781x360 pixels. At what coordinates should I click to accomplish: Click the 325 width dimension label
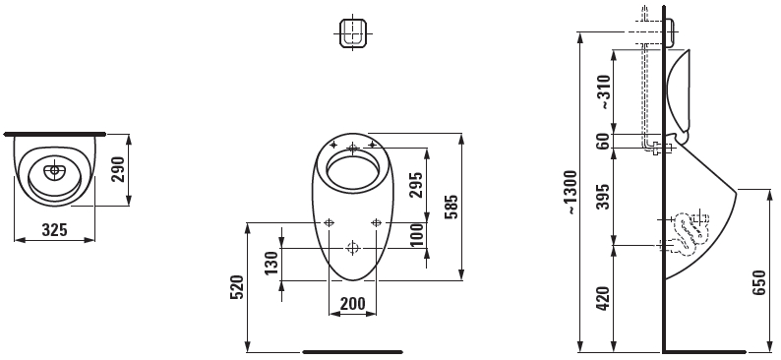click(x=54, y=229)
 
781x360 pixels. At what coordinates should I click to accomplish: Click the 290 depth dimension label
click(x=118, y=169)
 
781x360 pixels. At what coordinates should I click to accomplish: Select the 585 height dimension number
click(x=451, y=207)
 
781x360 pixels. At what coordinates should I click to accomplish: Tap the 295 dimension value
click(x=415, y=185)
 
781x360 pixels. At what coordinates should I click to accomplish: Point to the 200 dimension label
click(x=352, y=303)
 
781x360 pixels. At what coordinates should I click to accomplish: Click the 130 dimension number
click(x=270, y=264)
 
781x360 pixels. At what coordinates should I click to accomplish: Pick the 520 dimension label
click(x=236, y=287)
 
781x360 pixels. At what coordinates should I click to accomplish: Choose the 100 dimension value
click(x=417, y=235)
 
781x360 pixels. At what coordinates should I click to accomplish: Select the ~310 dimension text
click(x=603, y=92)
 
